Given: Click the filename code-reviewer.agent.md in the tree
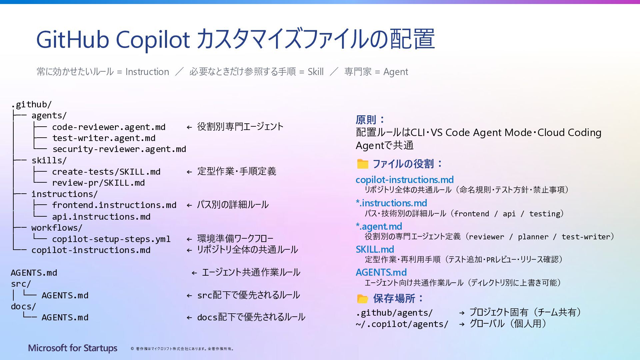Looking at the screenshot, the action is (109, 127).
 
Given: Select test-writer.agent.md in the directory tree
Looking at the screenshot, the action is (104, 138).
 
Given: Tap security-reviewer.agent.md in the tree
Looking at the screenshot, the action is (119, 149).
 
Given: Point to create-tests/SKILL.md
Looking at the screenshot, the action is (106, 172).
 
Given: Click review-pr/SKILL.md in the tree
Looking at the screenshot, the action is (98, 183).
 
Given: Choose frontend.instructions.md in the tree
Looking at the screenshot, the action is (114, 205).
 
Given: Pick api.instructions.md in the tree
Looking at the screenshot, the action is (101, 217).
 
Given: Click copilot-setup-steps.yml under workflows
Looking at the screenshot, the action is (111, 239).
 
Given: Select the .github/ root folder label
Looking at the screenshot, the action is (31, 104).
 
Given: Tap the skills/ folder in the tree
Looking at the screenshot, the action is (49, 160).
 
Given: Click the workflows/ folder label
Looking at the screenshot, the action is (57, 228).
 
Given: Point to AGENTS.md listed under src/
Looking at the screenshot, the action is (65, 295).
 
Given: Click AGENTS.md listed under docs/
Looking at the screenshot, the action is (65, 317).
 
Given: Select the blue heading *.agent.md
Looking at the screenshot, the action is (379, 226).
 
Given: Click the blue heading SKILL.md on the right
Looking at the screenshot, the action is (375, 249).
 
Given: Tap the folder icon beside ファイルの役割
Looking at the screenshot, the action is (362, 164).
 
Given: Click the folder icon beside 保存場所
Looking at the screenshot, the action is (362, 299).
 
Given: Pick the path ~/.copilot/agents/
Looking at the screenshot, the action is (402, 324).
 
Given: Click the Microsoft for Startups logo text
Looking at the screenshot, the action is (73, 348).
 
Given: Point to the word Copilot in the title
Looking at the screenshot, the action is (153, 39).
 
